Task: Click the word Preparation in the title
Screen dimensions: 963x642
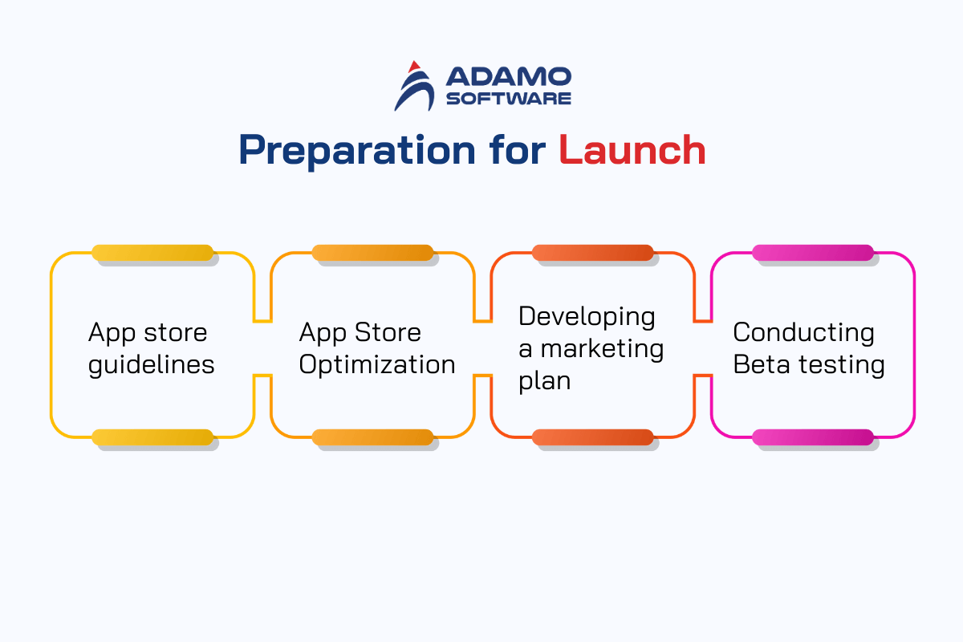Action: pos(357,151)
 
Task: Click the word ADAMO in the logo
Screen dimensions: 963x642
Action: pos(509,76)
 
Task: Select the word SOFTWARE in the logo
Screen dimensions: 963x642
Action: pos(509,99)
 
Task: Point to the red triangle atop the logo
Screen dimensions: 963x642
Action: pos(414,67)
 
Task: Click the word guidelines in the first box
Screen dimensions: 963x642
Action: pos(152,366)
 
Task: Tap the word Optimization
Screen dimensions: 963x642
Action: pos(377,365)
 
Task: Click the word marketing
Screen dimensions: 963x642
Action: pos(603,349)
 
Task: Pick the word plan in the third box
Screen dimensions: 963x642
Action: pos(545,382)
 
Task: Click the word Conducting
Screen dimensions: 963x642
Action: pos(804,333)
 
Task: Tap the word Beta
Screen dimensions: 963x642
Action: pos(762,364)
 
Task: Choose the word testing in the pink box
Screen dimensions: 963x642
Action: pos(842,366)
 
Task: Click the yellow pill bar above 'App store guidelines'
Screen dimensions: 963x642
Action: pos(152,253)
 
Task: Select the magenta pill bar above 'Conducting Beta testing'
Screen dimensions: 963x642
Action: pos(813,253)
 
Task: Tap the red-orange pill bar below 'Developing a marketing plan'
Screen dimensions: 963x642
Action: pos(593,437)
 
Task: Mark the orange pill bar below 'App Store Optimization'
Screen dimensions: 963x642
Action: pos(372,437)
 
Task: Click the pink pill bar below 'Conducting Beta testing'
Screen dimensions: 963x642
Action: pos(813,437)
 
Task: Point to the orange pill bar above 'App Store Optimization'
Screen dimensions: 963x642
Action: pos(372,253)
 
